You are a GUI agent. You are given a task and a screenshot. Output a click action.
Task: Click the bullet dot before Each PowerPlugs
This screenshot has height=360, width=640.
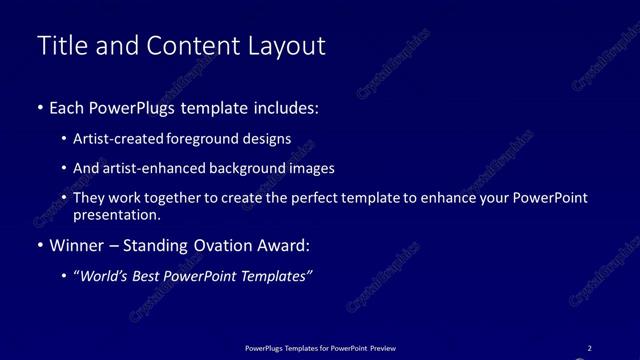[x=39, y=107]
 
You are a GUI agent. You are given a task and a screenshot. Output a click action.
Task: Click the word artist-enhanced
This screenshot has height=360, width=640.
[x=149, y=168]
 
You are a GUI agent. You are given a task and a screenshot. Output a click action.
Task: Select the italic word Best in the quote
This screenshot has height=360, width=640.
[x=151, y=276]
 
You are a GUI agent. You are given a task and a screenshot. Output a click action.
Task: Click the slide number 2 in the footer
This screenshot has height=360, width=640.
[x=589, y=348]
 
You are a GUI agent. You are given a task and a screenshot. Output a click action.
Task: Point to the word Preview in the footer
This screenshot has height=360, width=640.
[x=382, y=348]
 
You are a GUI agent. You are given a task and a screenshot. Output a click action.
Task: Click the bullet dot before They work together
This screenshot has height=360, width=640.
[x=65, y=198]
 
